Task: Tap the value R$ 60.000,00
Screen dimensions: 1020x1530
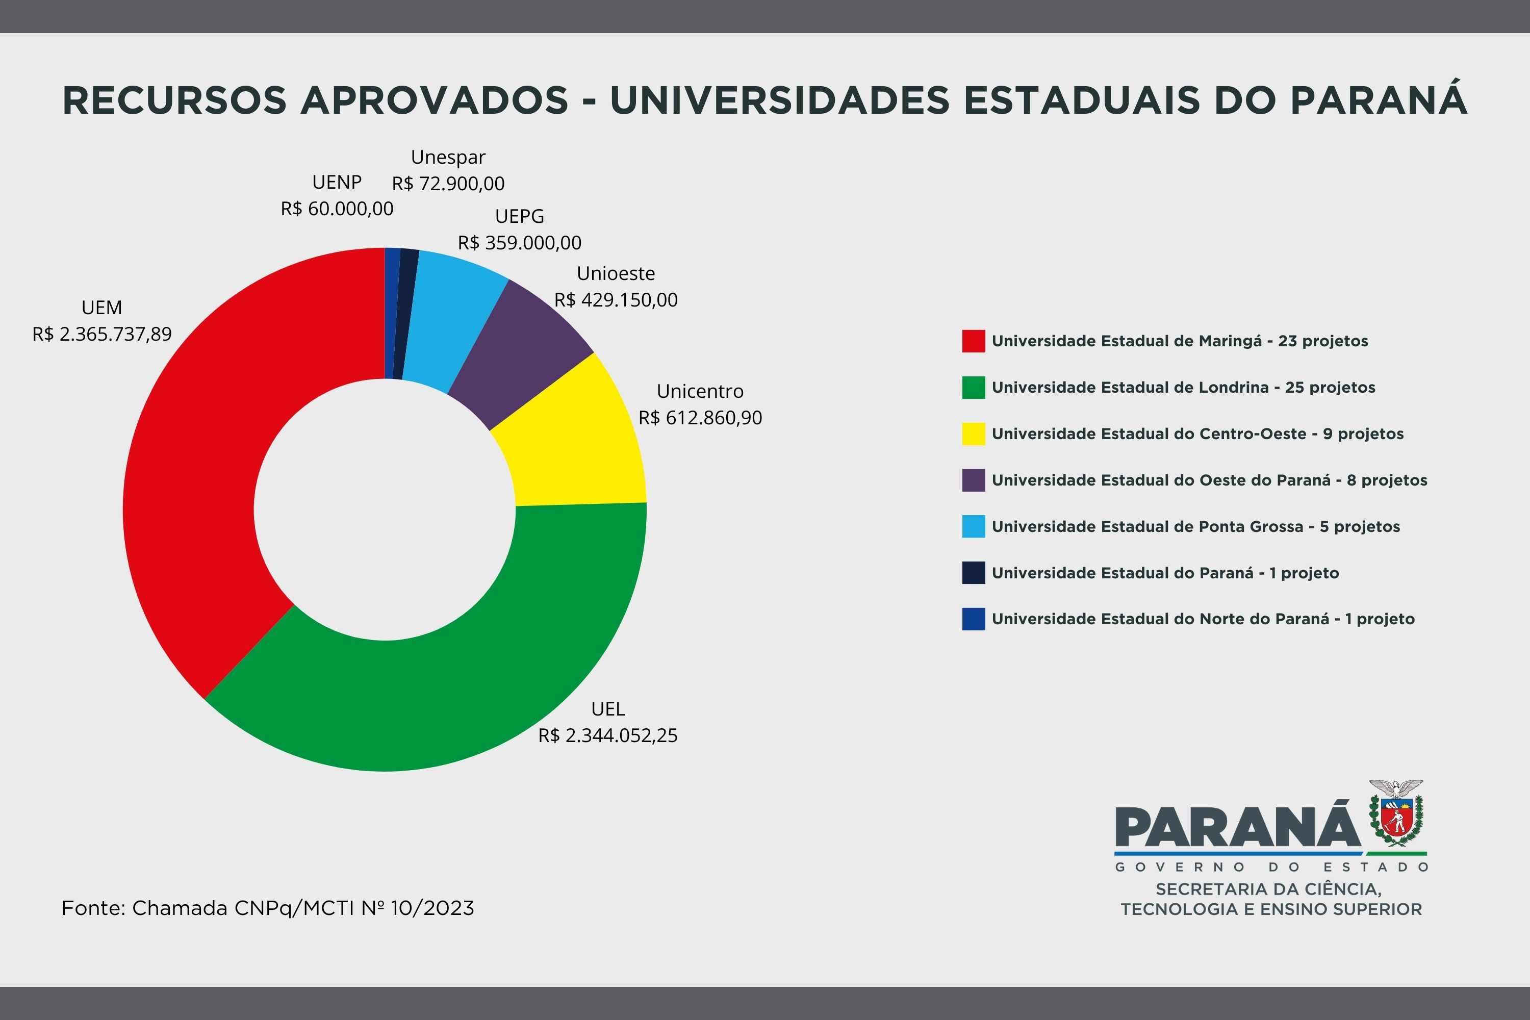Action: pos(337,209)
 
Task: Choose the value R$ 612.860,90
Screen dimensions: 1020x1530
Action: pos(700,418)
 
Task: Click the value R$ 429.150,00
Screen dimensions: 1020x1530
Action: pos(616,300)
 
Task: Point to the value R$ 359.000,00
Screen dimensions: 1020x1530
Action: pos(520,243)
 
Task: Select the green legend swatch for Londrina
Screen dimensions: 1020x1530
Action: pos(973,388)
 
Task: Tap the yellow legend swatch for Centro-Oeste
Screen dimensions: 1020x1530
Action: pos(973,434)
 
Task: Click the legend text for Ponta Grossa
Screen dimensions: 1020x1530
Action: pos(1195,527)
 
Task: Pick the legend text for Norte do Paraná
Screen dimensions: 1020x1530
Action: pos(1203,619)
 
